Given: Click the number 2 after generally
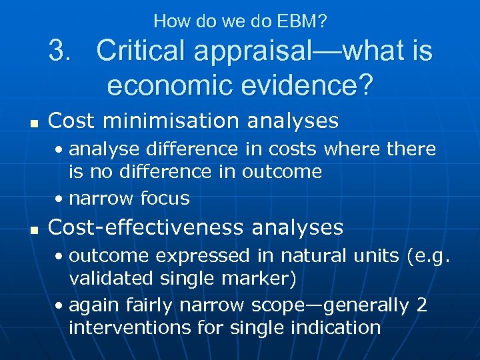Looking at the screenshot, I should click(x=421, y=305).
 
